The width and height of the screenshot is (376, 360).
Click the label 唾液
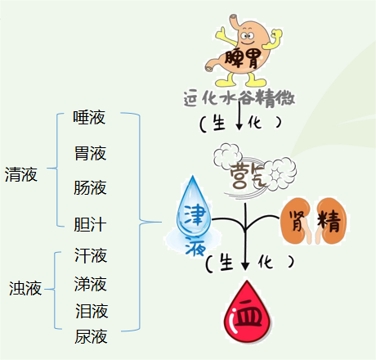89,118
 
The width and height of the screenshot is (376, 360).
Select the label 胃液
90,153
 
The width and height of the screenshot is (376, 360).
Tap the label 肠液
90,187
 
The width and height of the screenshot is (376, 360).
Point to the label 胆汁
90,224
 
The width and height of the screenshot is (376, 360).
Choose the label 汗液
91,255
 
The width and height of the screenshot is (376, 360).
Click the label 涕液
90,284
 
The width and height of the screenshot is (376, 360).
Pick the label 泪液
92,311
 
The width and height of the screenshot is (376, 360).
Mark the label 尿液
91,336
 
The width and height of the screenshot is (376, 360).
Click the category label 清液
21,174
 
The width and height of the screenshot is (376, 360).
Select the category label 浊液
25,289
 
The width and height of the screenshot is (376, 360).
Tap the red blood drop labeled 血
248,313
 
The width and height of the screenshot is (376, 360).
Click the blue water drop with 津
194,206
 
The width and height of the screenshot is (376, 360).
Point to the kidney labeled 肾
297,221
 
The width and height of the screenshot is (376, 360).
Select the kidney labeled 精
331,221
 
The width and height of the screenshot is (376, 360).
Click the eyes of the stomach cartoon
248,35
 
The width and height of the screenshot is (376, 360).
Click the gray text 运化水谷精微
239,97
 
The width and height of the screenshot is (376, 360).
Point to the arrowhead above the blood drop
245,266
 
